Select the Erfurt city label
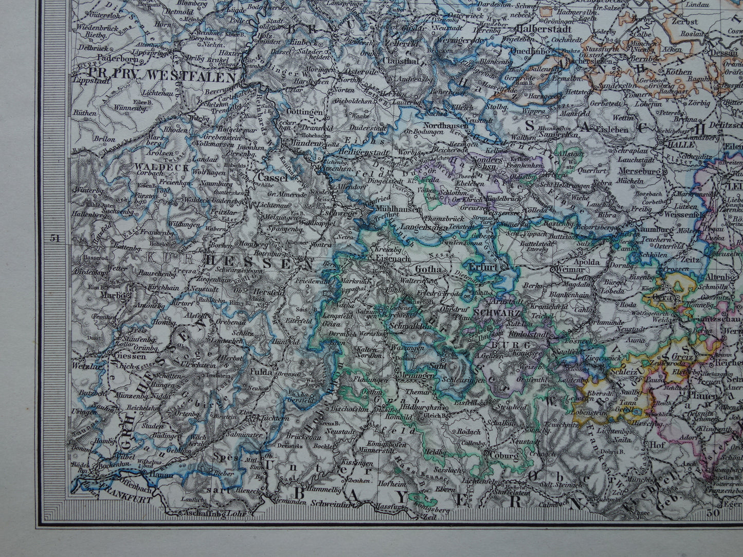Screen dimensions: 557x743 pyautogui.click(x=482, y=267)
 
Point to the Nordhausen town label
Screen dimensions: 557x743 pyautogui.click(x=446, y=125)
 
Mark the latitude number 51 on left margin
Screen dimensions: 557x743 pyautogui.click(x=55, y=238)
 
